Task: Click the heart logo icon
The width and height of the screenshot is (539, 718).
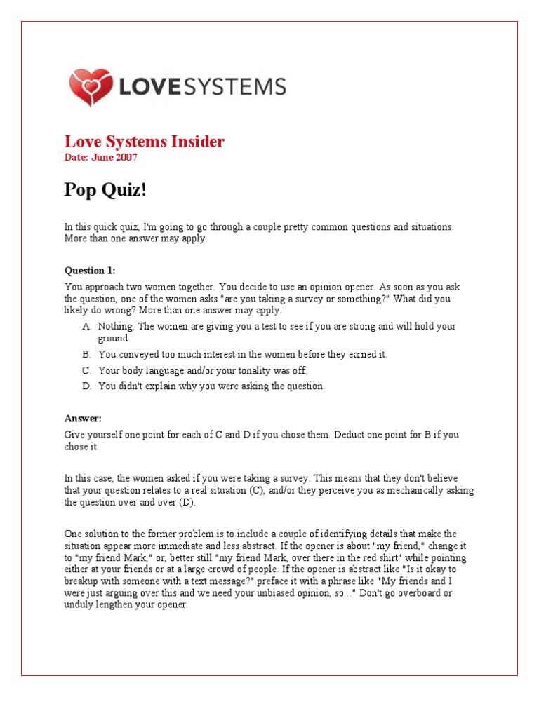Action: [91, 87]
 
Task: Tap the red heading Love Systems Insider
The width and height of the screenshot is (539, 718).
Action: [145, 142]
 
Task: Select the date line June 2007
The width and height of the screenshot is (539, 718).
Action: [101, 157]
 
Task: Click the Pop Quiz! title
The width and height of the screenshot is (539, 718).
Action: [106, 190]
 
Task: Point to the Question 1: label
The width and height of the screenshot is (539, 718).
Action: [90, 270]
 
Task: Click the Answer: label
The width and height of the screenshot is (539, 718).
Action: [83, 419]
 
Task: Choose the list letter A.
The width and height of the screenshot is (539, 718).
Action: [86, 327]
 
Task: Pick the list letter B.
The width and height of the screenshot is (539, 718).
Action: [86, 355]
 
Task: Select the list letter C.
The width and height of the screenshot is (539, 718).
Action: [86, 371]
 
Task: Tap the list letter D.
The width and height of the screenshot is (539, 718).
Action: [86, 386]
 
